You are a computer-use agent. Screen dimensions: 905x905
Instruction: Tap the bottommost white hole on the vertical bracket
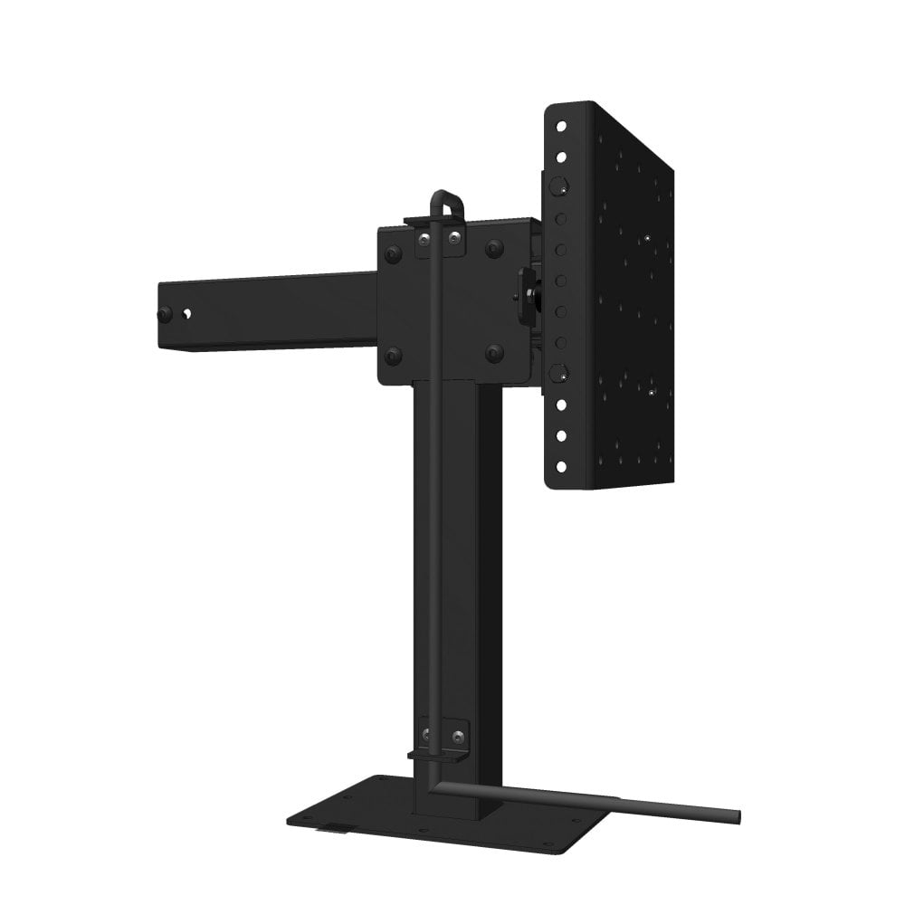(560, 467)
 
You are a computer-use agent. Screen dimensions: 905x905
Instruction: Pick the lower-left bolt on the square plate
(393, 355)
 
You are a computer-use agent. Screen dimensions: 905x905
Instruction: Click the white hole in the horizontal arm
(187, 314)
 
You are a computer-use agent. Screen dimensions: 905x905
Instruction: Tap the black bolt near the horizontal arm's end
(165, 314)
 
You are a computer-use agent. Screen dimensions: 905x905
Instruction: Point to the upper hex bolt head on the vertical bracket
(557, 189)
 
